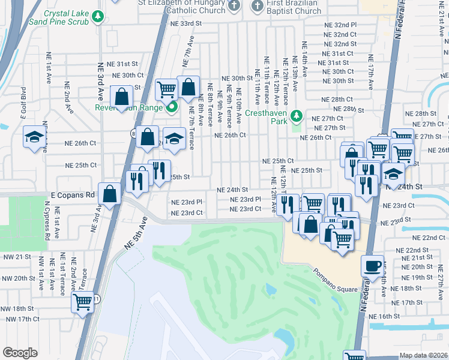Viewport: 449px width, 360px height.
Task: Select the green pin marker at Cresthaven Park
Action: coord(295,115)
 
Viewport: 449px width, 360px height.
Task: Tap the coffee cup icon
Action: coord(373,266)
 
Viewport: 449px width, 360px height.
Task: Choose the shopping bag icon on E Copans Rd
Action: coord(110,194)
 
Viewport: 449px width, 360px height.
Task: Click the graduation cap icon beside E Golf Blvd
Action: coord(35,137)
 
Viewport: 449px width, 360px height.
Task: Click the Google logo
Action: coord(20,353)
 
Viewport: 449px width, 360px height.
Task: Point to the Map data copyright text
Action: coord(423,355)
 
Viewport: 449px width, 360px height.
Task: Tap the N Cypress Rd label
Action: coord(47,224)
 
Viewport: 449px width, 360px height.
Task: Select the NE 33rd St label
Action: coord(185,23)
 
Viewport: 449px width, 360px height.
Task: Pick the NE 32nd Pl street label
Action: coord(340,25)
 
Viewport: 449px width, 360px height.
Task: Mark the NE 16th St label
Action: coord(384,316)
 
